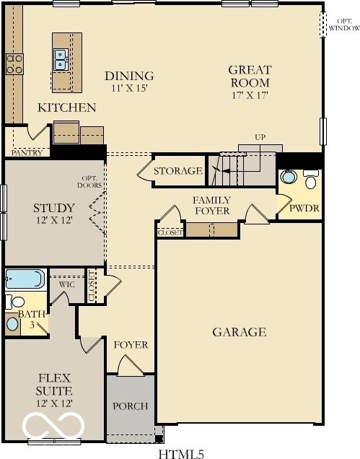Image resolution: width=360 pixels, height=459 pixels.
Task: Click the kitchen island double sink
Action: click(61, 60)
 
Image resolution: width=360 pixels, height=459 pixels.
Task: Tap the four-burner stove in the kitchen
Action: click(14, 64)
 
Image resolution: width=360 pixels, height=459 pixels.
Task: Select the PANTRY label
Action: click(27, 153)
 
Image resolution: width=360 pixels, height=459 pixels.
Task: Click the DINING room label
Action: click(129, 76)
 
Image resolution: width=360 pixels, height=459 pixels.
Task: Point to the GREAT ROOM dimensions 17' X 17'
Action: click(250, 95)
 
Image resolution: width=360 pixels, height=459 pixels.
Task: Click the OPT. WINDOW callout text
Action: click(344, 25)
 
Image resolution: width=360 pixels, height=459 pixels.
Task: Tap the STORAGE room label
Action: click(178, 170)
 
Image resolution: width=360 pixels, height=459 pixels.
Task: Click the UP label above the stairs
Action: click(260, 137)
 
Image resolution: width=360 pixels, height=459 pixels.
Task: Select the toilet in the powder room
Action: click(310, 179)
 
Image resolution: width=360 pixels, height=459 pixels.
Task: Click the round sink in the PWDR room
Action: click(289, 177)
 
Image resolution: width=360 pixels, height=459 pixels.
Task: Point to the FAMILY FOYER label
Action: click(212, 206)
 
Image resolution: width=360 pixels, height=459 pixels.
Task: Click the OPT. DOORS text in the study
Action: click(89, 182)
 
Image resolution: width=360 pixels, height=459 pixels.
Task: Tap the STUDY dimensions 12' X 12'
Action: click(54, 220)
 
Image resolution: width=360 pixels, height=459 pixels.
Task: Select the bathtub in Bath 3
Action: click(25, 279)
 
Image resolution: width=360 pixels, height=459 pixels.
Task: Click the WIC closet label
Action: click(66, 284)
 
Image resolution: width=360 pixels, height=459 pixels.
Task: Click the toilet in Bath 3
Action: click(14, 302)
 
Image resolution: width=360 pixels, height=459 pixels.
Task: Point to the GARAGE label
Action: click(240, 332)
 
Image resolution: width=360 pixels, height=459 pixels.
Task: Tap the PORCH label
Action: click(131, 406)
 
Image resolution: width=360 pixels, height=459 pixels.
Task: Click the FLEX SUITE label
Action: click(54, 385)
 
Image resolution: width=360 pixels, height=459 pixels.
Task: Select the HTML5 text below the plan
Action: click(181, 454)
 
